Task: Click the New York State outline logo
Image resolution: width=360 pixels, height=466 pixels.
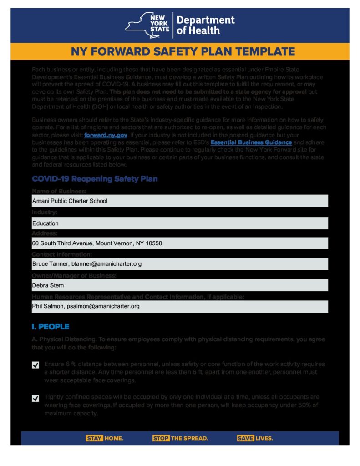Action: point(147,25)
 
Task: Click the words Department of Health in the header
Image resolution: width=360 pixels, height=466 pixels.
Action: point(205,25)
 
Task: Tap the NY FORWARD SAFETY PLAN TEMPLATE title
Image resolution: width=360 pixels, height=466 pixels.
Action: point(183,51)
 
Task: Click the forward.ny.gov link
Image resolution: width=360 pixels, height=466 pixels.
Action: point(106,135)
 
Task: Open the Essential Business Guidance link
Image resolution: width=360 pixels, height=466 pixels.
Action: point(251,142)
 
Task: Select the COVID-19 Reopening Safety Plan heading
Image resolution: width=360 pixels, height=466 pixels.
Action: point(95,179)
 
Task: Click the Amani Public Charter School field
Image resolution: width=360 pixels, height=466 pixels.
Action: point(180,201)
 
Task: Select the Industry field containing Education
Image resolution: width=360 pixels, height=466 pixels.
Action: point(180,223)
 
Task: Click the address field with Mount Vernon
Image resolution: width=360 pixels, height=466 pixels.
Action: point(180,243)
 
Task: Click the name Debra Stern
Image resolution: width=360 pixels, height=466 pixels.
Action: point(48,285)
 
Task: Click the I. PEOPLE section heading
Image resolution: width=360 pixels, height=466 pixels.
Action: point(51,327)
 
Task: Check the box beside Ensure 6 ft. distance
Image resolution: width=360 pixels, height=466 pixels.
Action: point(35,365)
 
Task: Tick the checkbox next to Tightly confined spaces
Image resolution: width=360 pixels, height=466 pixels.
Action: point(35,398)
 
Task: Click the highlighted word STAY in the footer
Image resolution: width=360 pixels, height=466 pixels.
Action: point(94,438)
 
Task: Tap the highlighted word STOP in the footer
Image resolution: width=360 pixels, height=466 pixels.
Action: point(161,438)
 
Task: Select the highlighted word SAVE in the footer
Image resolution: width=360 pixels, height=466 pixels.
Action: point(245,438)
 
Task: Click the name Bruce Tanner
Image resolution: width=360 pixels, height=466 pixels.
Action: point(48,264)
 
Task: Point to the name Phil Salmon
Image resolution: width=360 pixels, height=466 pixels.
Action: point(47,306)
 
